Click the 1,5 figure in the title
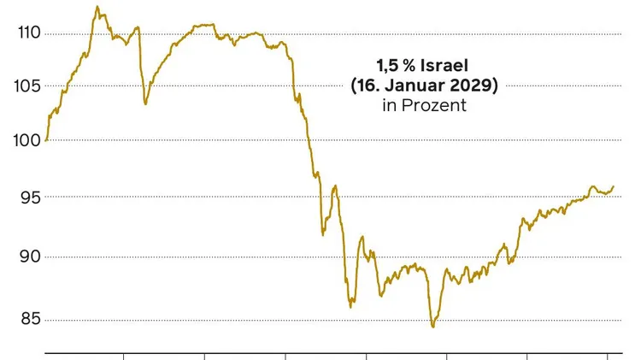[387, 66]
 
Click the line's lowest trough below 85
[433, 327]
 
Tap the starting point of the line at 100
[46, 139]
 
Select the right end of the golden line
[613, 186]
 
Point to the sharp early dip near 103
[145, 103]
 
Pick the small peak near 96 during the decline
[335, 186]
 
